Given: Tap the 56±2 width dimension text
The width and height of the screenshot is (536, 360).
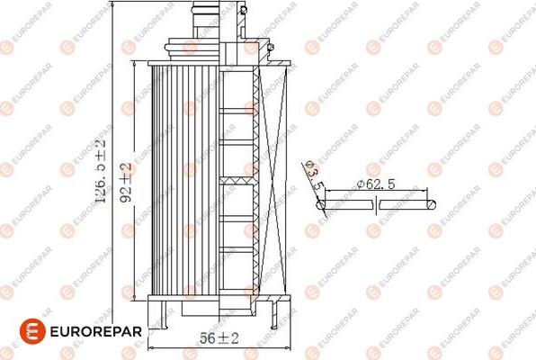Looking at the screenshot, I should [220, 338].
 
